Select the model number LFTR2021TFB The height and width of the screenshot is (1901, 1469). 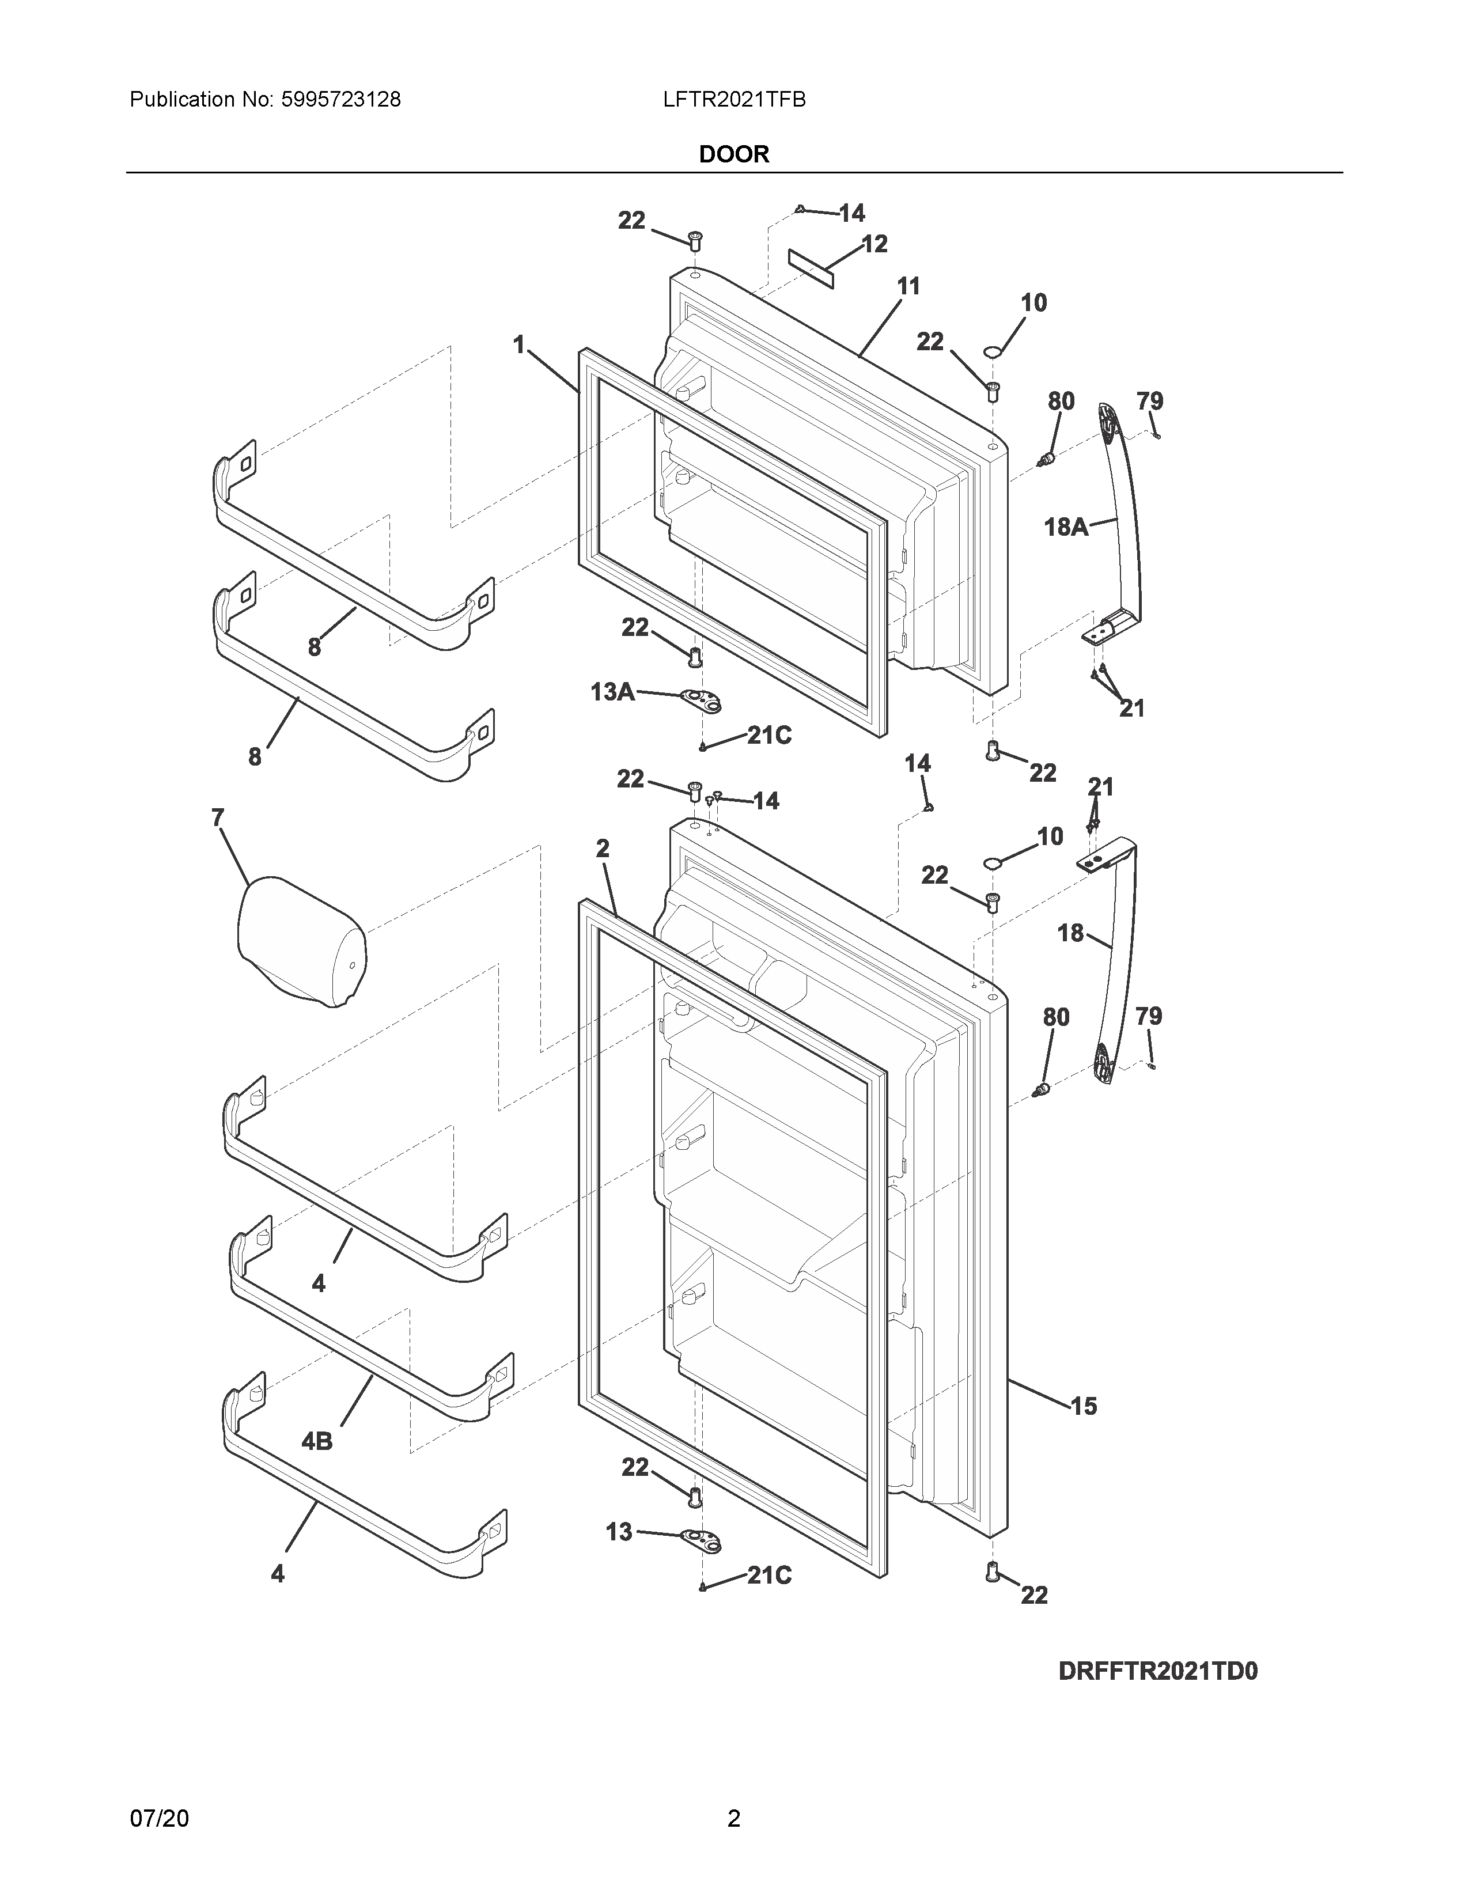coord(733,100)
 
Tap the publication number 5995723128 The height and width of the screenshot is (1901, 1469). coord(340,100)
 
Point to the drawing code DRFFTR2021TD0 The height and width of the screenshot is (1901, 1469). coord(1157,1671)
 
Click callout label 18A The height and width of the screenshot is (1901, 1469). coord(1065,527)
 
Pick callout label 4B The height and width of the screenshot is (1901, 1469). coord(317,1441)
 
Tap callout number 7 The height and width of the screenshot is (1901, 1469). coord(218,817)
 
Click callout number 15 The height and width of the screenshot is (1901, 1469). coord(1084,1406)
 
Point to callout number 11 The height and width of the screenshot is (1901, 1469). coord(908,286)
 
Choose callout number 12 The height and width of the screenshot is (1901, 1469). coord(874,244)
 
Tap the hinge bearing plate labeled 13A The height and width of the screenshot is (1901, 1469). coord(702,700)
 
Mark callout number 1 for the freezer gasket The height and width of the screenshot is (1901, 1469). coord(520,346)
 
